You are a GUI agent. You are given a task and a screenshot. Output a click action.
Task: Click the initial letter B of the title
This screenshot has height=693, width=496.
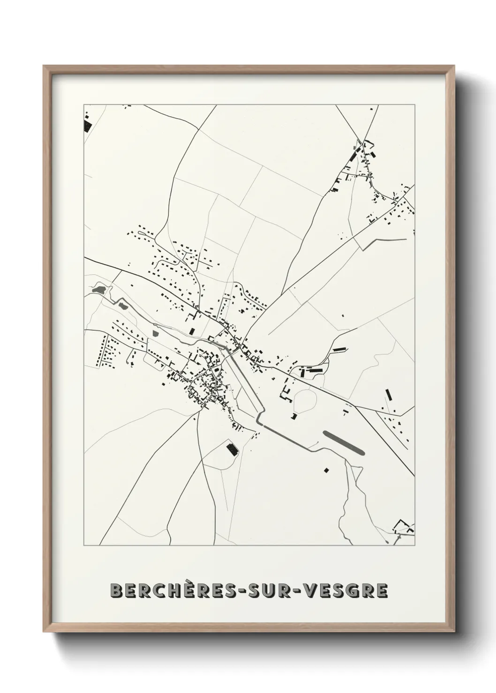coord(115,591)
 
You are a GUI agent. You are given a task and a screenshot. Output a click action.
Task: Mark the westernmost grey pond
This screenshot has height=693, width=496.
coord(99,290)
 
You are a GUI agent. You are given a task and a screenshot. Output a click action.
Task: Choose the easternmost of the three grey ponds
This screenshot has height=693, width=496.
coord(156,333)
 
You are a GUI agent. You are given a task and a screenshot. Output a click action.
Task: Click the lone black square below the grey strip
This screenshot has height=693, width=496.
coord(326,470)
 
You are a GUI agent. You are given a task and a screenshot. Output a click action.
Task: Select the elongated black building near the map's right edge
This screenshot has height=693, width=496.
coord(388,396)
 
